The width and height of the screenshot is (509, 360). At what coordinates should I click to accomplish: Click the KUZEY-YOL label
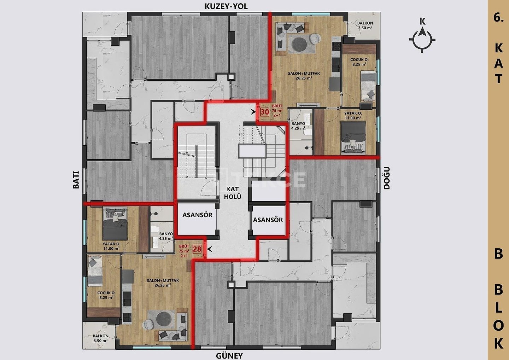(x=226, y=6)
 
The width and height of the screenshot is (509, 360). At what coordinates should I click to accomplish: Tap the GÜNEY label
(x=229, y=355)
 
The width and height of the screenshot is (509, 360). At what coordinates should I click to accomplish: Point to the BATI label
(x=76, y=180)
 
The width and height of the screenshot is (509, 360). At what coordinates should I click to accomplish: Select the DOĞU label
(x=387, y=178)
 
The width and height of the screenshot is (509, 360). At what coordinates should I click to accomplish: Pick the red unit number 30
(x=265, y=112)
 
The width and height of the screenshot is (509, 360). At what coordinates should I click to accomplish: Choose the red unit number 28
(x=197, y=249)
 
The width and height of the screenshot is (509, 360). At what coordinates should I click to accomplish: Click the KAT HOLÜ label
(x=233, y=193)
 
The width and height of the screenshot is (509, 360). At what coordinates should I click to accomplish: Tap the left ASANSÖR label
(x=197, y=215)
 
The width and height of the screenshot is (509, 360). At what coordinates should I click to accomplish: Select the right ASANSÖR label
(x=268, y=220)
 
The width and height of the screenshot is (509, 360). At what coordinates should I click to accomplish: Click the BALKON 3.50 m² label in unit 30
(x=365, y=25)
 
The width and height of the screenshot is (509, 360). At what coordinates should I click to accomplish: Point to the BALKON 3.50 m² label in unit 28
(x=101, y=338)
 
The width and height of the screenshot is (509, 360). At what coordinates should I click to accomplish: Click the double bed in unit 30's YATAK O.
(x=353, y=138)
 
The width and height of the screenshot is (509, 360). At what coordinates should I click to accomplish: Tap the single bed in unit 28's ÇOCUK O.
(x=95, y=271)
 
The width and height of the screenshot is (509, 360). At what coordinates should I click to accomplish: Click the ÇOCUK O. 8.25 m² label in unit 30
(x=359, y=62)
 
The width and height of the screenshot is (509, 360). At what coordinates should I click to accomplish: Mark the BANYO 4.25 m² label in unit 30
(x=298, y=126)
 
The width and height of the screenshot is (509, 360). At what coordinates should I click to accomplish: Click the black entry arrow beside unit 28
(x=209, y=249)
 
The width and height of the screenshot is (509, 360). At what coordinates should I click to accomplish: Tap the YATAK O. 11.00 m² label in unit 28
(x=111, y=246)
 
